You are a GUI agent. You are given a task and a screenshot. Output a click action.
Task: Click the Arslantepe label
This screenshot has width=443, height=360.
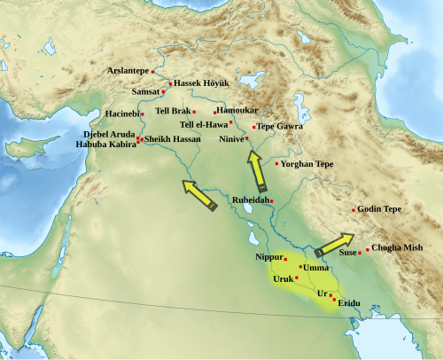[x=128, y=70]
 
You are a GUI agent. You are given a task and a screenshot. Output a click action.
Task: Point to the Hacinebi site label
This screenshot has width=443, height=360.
[x=121, y=114]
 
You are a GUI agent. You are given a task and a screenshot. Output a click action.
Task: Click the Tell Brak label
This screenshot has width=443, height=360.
[x=173, y=111]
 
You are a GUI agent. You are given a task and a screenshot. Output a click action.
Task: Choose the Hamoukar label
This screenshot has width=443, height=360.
[x=237, y=110]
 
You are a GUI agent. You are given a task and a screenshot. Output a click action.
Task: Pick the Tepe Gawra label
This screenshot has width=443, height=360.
[x=278, y=127]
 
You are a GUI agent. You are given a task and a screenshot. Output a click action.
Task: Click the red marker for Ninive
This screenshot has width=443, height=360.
[x=247, y=138]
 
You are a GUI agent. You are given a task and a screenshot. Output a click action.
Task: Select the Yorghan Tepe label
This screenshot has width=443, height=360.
[x=307, y=164]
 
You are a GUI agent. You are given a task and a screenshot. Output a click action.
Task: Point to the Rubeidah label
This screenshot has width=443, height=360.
[x=250, y=200]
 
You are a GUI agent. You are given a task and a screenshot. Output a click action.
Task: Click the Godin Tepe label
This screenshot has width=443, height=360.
[x=381, y=209]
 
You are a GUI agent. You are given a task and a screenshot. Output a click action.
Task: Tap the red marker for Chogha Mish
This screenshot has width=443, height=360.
[x=368, y=249]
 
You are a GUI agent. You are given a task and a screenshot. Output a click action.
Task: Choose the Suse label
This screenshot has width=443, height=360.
[x=347, y=253]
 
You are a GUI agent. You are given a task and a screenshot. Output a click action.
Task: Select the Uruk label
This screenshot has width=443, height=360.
[x=283, y=278]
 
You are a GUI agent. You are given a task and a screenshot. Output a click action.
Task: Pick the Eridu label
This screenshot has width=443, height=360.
[x=349, y=303]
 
